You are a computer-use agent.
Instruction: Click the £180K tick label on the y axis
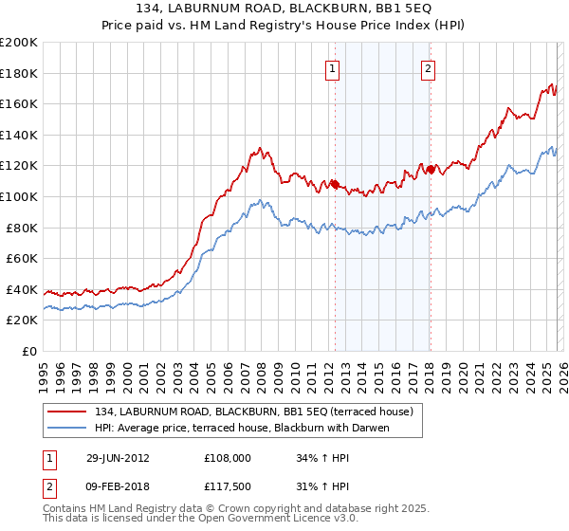[19, 73]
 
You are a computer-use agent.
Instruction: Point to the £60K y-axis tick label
[22, 258]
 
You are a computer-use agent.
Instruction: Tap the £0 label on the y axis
[30, 351]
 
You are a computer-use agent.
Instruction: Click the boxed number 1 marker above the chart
[334, 68]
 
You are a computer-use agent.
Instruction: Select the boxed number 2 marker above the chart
[429, 68]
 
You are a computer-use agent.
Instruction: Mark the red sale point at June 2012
[335, 184]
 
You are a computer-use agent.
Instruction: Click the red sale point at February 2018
[430, 170]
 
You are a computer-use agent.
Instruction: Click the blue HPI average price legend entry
[243, 428]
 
